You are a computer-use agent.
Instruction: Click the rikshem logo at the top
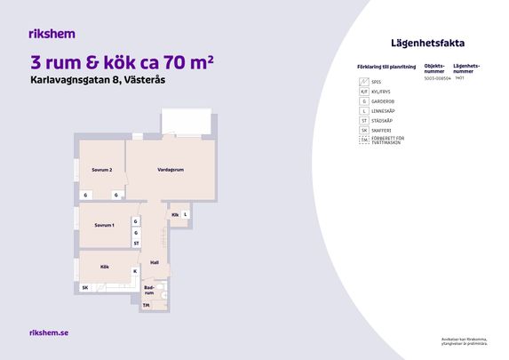[x=52, y=34]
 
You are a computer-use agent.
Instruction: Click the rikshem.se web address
[x=50, y=332]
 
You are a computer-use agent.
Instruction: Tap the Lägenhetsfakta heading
[x=427, y=43]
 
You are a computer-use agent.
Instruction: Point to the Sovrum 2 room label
[x=101, y=170]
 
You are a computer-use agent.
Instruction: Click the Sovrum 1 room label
[x=105, y=225]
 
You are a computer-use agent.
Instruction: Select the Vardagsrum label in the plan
[x=171, y=169]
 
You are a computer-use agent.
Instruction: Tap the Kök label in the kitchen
[x=104, y=267]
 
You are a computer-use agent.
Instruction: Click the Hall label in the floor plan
[x=155, y=262]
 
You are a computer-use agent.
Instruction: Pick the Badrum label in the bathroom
[x=149, y=291]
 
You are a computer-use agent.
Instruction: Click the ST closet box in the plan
[x=136, y=243]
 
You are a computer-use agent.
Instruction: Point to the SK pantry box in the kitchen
[x=85, y=288]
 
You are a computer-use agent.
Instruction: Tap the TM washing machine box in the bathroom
[x=147, y=307]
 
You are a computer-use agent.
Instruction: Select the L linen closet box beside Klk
[x=186, y=214]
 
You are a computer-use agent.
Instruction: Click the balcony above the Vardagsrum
[x=186, y=123]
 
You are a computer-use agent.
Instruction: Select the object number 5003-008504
[x=433, y=78]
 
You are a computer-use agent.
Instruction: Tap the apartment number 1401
[x=460, y=78]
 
